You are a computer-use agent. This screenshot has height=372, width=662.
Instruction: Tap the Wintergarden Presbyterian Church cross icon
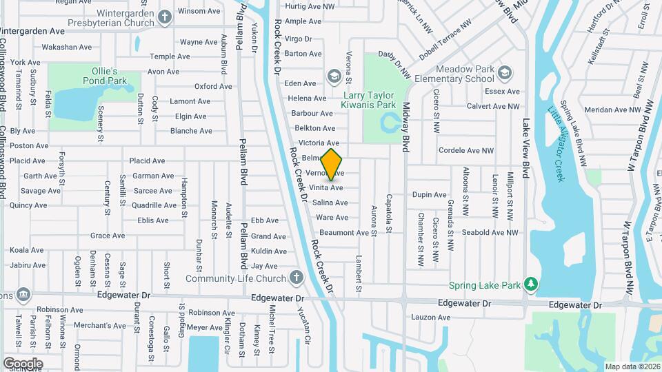click(x=165, y=16)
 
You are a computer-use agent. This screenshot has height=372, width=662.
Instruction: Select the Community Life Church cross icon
click(x=296, y=278)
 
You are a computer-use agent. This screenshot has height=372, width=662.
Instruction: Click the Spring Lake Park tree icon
click(x=530, y=284)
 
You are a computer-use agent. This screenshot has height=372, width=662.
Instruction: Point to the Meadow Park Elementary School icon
click(x=505, y=72)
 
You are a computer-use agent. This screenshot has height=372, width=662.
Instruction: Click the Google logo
click(x=23, y=364)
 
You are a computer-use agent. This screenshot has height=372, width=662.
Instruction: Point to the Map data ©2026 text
click(x=632, y=366)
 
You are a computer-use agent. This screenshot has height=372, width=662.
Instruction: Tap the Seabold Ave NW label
click(x=490, y=233)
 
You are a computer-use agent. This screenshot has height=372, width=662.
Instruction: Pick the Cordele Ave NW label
click(x=466, y=150)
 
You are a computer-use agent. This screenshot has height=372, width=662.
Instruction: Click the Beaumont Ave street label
click(x=343, y=233)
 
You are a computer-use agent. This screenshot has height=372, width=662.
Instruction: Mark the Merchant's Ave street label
click(x=100, y=326)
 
